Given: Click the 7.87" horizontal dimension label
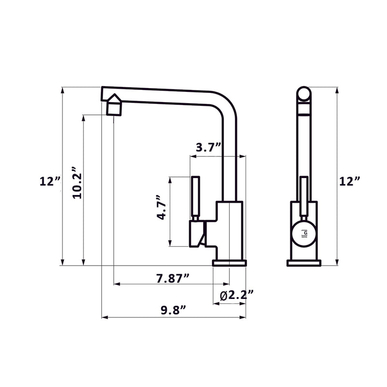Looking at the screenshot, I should point(173,278).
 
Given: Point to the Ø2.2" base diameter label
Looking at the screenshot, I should point(237,295).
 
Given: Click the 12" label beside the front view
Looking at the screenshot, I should point(349,181).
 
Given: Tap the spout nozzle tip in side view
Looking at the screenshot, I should point(113,104).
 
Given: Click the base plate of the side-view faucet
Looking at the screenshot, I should point(229,263).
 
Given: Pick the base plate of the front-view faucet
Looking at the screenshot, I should point(304,263).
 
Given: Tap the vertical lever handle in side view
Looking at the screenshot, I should point(196,198).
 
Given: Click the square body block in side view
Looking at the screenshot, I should point(229,230).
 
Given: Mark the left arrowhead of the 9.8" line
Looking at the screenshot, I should point(104,318).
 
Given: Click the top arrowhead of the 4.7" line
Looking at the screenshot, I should point(170,179).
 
